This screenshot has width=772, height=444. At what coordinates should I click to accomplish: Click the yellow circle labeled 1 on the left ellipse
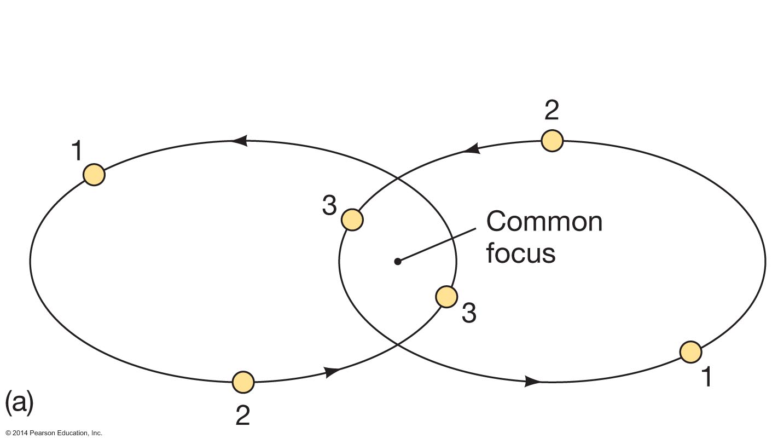pyautogui.click(x=94, y=175)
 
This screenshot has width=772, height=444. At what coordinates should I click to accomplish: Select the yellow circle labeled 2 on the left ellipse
pyautogui.click(x=243, y=382)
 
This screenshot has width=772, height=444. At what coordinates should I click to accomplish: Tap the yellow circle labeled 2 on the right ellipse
pyautogui.click(x=552, y=141)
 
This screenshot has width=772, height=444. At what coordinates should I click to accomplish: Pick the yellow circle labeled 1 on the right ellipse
pyautogui.click(x=691, y=351)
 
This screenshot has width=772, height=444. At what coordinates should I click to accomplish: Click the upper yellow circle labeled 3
pyautogui.click(x=352, y=220)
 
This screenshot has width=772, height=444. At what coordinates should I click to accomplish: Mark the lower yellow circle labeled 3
pyautogui.click(x=446, y=297)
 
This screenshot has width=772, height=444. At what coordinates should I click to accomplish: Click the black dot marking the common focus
pyautogui.click(x=398, y=262)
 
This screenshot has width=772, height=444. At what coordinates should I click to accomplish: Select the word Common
pyautogui.click(x=544, y=222)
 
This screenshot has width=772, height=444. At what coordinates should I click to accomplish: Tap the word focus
pyautogui.click(x=521, y=253)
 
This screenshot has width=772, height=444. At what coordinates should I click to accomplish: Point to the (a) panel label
pyautogui.click(x=20, y=402)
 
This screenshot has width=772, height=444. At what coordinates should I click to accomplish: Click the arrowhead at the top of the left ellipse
pyautogui.click(x=239, y=141)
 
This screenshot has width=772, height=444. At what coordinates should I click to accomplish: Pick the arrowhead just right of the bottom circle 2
pyautogui.click(x=332, y=372)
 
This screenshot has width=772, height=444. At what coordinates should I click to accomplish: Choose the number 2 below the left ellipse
pyautogui.click(x=243, y=415)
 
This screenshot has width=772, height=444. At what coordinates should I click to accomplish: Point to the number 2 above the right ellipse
pyautogui.click(x=552, y=111)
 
